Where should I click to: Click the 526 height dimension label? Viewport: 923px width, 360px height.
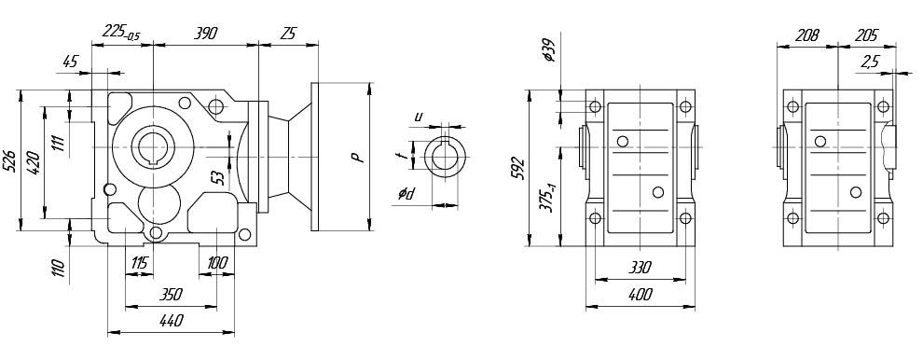(10, 159)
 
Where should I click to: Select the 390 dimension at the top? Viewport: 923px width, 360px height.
(206, 33)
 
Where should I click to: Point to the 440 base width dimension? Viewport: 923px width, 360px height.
(171, 321)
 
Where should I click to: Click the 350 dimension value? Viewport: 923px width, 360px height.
(172, 294)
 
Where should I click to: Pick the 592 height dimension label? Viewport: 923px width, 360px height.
(518, 168)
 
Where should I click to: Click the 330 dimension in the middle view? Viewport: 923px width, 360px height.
(640, 268)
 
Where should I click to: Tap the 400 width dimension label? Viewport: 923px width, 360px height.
(640, 295)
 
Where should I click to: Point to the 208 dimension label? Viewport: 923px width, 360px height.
(806, 35)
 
